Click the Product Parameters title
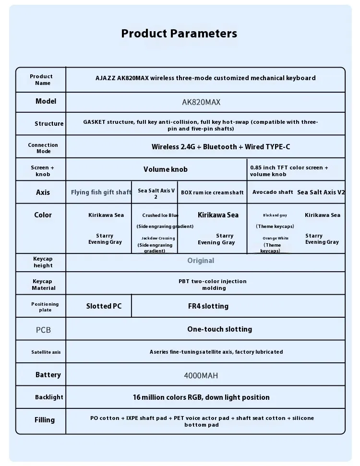coord(179,34)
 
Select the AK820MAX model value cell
coord(201,102)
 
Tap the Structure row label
coord(49,124)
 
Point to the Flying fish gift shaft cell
coord(101,192)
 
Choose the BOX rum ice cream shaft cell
coord(212,192)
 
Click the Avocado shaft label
coord(273,192)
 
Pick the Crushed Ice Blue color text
coord(160,215)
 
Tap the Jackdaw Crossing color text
coord(158,238)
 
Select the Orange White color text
coord(276,238)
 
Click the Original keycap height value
coord(201,261)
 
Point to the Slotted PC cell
coord(104,306)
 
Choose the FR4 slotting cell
coord(208,306)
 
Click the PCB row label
coord(43,330)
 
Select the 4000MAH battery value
coord(201,375)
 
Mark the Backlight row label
coord(49,397)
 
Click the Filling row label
coord(45,420)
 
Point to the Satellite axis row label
coord(46,352)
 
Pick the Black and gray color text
coord(275,215)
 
